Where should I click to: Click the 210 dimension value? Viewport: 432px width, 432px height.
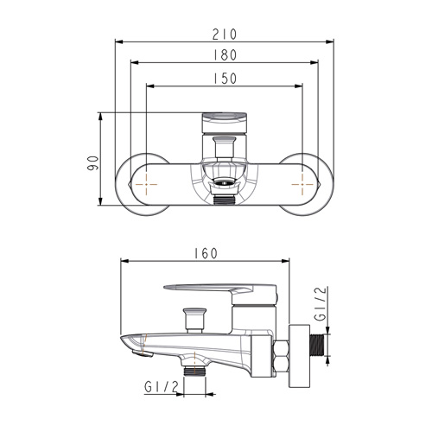tap(225, 35)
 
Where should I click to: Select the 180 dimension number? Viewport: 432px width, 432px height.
tap(225, 55)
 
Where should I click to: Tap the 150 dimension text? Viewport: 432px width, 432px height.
tap(225, 79)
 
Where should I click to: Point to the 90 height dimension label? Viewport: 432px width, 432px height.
tap(93, 163)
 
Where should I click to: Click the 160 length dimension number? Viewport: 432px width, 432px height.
tap(206, 253)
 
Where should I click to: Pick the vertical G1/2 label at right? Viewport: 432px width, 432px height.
tap(321, 304)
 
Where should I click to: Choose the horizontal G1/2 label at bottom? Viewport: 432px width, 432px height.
tap(162, 387)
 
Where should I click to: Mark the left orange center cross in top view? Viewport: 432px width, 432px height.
tap(146, 184)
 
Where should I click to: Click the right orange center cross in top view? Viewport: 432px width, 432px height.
tap(302, 184)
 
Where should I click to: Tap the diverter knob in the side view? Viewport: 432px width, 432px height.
tap(194, 321)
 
